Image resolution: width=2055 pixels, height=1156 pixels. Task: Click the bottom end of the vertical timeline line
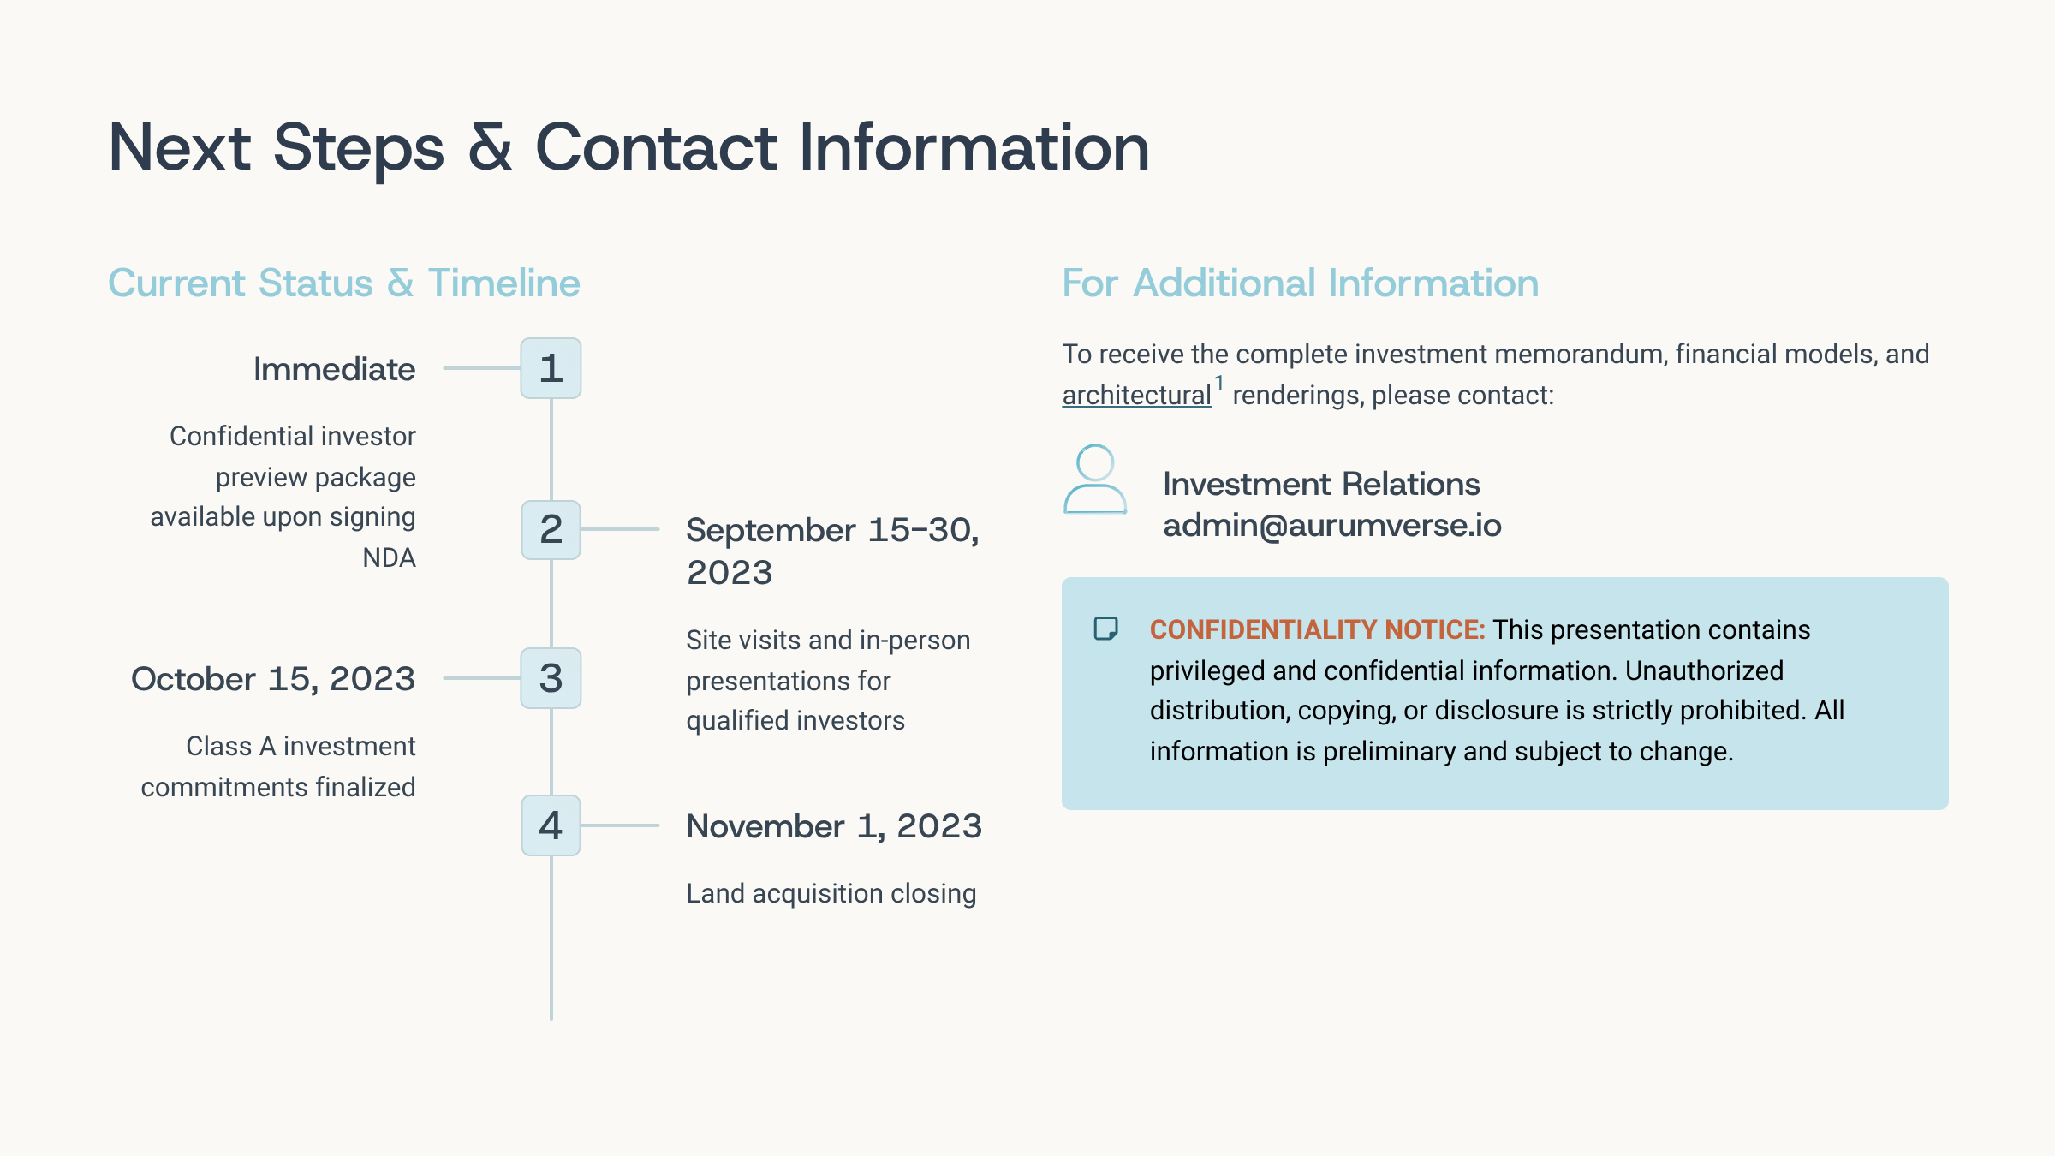551,1019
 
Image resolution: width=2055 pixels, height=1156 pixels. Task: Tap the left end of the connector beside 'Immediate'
444,368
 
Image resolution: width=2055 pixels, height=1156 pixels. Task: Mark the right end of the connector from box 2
658,529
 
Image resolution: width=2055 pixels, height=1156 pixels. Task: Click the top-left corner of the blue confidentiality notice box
1063,578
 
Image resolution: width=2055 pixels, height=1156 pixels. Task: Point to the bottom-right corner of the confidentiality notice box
1948,809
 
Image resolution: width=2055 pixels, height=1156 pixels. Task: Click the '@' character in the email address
1273,526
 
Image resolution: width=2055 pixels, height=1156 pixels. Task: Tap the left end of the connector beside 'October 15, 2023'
444,678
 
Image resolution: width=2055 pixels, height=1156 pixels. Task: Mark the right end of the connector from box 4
658,825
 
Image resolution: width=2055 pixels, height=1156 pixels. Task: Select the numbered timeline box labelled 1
551,368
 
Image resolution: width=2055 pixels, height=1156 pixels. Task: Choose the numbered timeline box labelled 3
551,678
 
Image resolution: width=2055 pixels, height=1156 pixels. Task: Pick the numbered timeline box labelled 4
551,825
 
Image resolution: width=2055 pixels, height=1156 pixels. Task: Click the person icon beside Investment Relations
1095,480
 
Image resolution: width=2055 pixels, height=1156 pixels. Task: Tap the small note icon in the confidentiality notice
1106,629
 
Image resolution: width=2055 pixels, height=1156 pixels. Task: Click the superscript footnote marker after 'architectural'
1219,384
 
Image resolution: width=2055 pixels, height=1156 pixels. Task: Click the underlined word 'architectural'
1136,396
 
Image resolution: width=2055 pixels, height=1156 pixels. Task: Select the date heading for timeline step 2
832,551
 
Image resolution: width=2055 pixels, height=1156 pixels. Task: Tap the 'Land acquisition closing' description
831,894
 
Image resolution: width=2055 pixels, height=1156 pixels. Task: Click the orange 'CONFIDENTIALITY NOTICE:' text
1317,629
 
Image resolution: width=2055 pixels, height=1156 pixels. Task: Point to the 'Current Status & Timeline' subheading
344,283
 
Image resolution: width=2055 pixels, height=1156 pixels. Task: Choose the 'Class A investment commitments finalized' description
278,766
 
